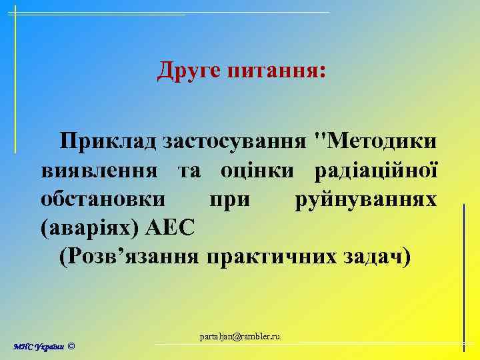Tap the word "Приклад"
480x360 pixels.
point(107,141)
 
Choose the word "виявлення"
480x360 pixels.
point(99,170)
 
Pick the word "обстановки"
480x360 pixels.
point(105,199)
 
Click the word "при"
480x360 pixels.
point(228,199)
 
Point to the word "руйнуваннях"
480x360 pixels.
point(365,199)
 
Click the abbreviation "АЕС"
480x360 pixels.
point(171,228)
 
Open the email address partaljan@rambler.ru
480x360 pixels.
point(240,337)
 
